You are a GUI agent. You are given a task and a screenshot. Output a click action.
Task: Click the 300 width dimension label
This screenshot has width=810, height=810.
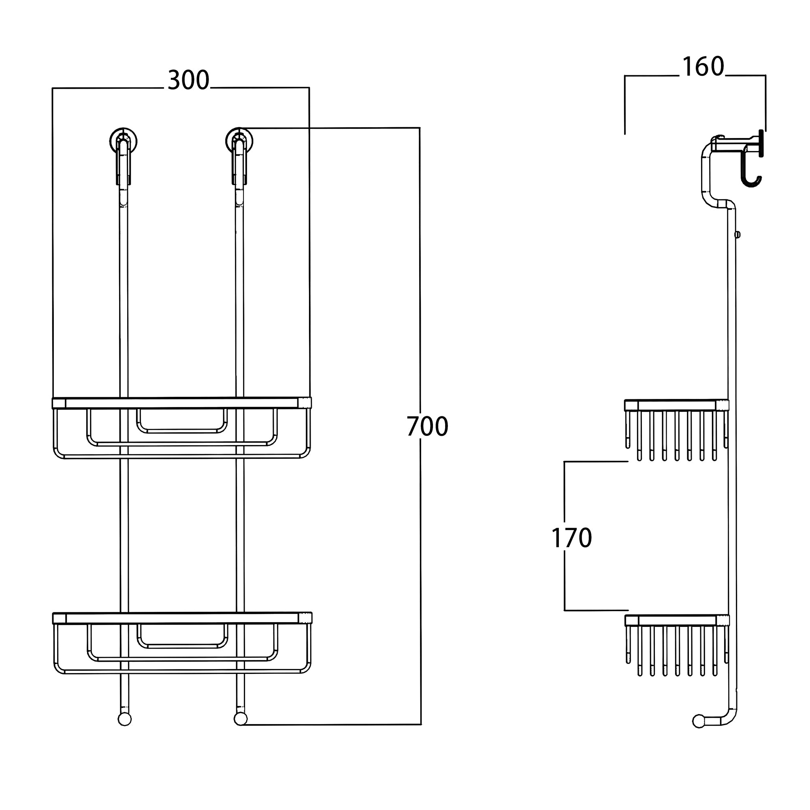188,80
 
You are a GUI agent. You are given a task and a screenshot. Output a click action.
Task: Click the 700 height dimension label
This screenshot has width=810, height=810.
427,426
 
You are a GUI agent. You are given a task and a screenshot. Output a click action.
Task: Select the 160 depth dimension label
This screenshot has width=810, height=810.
703,67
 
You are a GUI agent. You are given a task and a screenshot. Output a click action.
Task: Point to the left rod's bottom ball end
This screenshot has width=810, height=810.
124,719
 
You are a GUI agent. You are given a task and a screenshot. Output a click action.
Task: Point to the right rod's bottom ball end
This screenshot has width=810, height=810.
240,719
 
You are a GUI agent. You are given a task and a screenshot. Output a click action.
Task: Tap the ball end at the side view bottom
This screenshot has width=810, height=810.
699,722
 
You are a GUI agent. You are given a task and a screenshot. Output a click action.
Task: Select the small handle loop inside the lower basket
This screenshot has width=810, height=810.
182,636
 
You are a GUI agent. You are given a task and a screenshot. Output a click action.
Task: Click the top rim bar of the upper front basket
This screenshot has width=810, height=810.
181,403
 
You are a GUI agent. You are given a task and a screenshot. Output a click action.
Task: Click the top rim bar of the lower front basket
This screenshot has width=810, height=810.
182,618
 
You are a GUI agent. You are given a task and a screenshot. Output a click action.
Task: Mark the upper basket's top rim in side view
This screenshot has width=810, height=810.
677,405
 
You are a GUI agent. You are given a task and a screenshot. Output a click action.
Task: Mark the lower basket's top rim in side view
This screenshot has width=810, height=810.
677,620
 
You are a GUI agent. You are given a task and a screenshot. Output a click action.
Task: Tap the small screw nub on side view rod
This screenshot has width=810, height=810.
738,235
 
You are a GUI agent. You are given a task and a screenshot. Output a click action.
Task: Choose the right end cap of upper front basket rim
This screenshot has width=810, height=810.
305,403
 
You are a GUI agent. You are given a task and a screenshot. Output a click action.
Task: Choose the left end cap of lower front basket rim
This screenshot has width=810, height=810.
59,618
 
